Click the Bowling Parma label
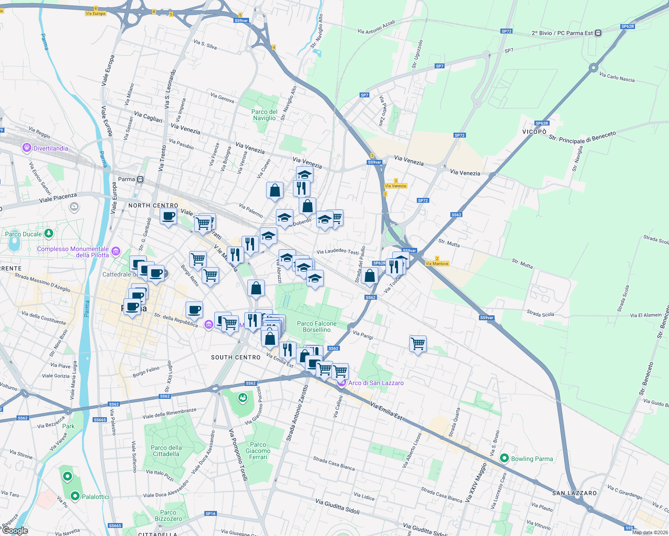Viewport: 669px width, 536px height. point(531,459)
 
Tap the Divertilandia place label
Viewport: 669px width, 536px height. point(51,148)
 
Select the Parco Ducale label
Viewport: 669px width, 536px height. point(23,234)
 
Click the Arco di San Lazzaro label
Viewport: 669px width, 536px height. point(376,383)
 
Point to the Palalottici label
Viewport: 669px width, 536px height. point(95,497)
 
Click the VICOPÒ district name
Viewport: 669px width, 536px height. point(534,132)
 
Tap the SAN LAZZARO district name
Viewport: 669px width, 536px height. point(574,493)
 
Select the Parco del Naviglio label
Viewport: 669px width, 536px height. point(264,115)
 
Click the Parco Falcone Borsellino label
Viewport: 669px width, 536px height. point(317,327)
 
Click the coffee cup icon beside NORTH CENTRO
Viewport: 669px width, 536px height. point(168,217)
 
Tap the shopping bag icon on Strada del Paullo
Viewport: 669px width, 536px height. point(370,276)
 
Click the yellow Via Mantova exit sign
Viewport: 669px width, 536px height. point(437,264)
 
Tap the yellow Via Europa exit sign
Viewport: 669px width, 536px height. point(95,13)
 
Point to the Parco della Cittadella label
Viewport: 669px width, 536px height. point(166,451)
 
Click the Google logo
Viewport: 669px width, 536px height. point(15,531)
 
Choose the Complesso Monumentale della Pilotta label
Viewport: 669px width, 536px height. point(73,252)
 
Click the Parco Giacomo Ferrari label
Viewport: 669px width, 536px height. point(258,451)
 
